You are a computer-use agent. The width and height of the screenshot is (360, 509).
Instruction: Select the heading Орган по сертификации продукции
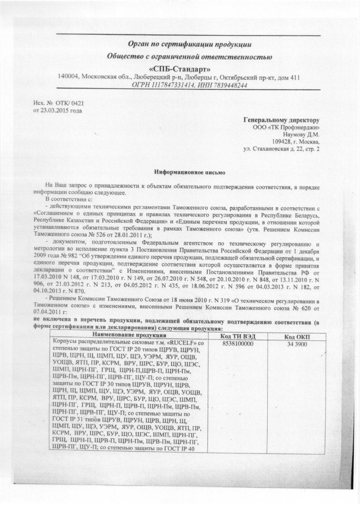pos(190,44)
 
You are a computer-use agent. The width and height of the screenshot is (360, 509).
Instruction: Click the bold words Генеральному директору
pos(282,120)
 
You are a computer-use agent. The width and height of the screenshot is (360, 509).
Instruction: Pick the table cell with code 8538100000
pos(238,344)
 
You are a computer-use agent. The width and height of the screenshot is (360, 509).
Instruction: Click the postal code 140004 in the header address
pos(68,77)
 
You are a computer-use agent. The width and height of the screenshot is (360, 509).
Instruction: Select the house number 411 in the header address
pos(295,77)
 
